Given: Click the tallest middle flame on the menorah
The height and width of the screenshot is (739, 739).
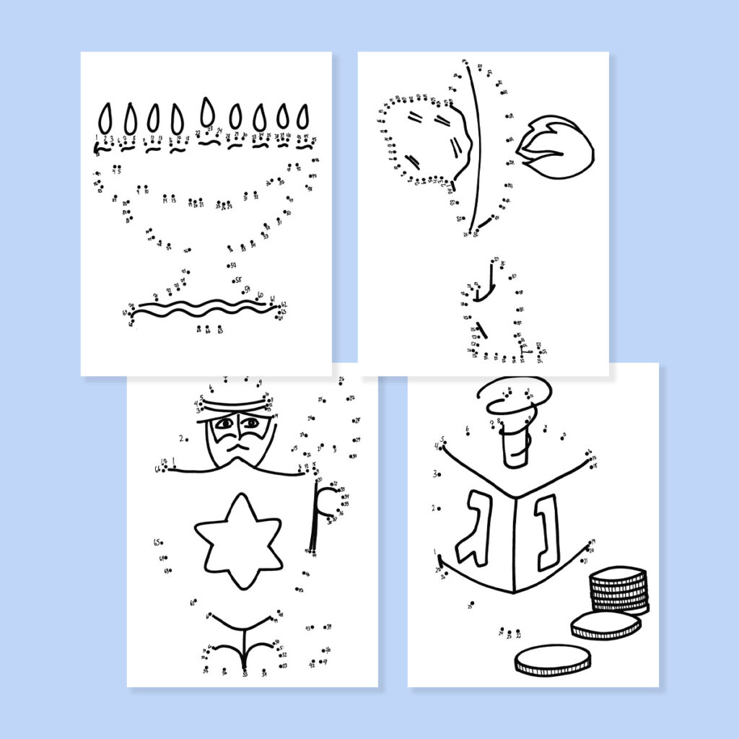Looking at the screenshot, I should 208,112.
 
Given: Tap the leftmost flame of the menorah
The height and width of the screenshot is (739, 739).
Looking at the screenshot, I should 106,117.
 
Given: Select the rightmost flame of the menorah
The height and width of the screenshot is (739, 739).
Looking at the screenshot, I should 304,117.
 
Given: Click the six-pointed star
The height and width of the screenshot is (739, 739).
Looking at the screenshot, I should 238,540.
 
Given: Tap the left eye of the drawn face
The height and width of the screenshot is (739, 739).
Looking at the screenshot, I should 224,424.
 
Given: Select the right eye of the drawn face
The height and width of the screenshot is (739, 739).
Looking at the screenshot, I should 250,423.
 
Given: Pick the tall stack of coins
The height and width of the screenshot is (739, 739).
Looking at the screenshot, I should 618,590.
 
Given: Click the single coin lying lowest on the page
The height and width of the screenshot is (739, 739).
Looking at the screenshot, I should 552,660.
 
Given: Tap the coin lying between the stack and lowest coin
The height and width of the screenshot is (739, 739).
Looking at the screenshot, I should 605,625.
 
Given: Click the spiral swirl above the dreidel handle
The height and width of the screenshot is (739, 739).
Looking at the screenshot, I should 514,395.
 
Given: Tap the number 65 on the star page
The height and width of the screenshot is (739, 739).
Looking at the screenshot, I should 156,542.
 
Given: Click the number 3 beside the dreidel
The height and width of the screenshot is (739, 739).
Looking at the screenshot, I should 435,474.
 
